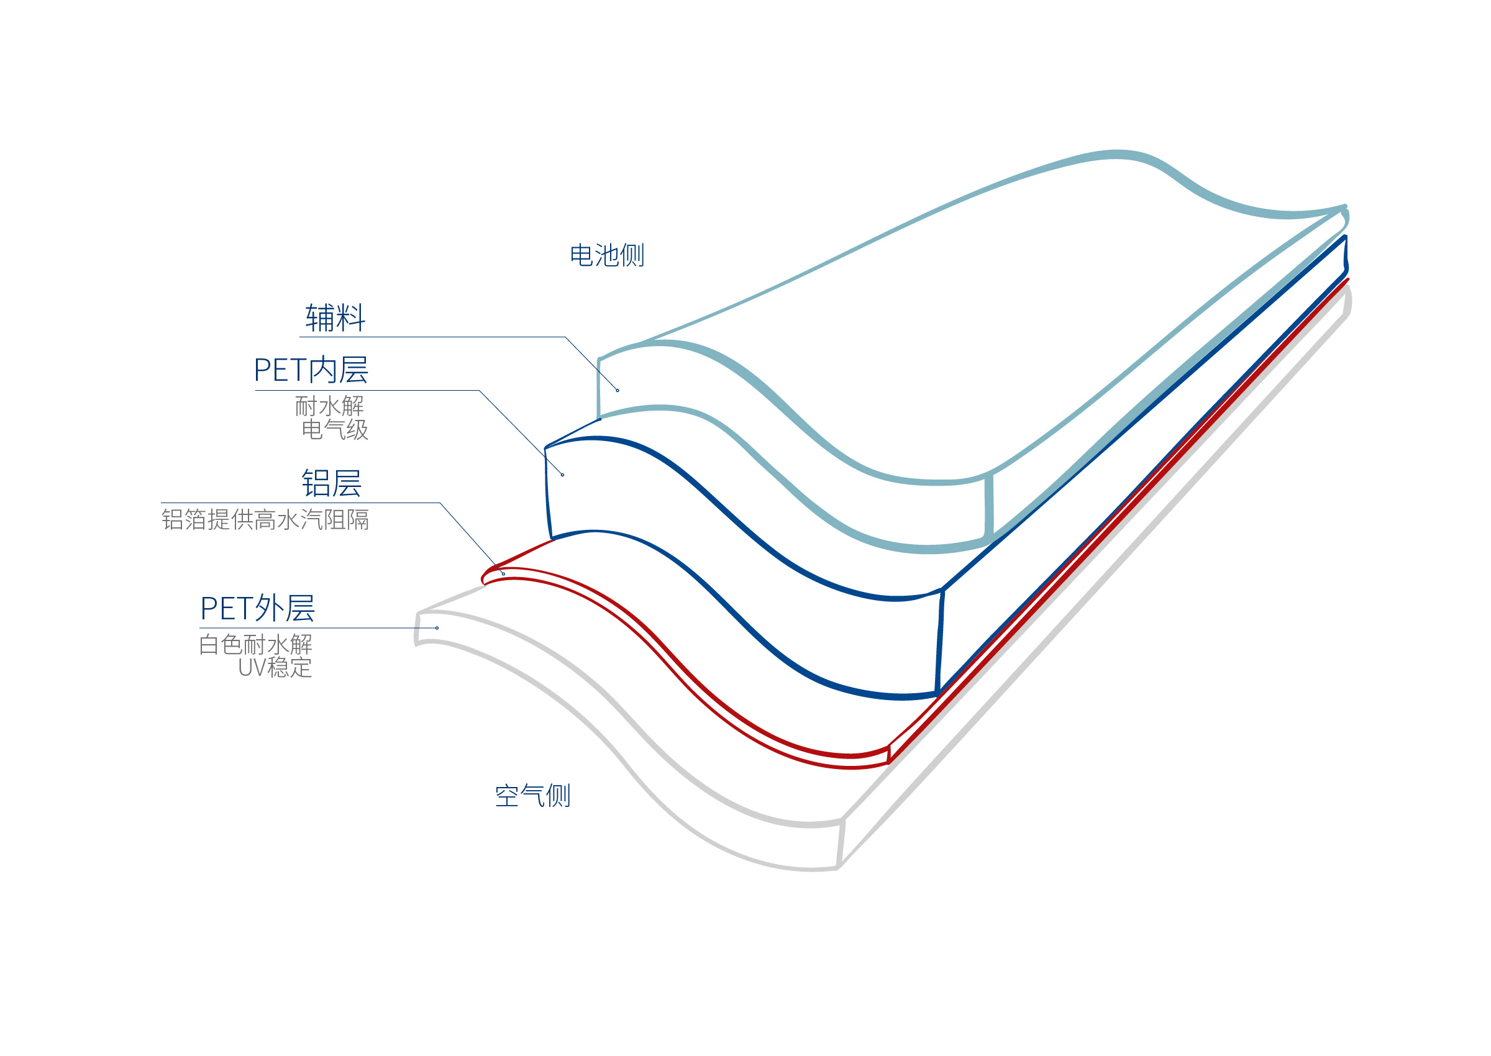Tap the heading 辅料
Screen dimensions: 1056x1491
pos(335,318)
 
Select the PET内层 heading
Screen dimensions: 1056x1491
pos(311,370)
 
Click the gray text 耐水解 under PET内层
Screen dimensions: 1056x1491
pos(329,406)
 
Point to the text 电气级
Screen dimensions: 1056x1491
pos(335,429)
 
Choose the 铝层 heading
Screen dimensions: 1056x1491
pos(331,483)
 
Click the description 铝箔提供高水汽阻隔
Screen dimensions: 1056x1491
pos(265,519)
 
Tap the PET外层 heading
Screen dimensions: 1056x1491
pos(257,609)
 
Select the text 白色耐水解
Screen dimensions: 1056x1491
pos(255,644)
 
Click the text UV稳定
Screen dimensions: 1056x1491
pos(275,668)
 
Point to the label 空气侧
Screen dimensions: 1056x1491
pos(532,795)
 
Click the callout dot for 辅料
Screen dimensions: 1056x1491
pos(617,390)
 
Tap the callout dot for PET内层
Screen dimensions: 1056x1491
pos(562,475)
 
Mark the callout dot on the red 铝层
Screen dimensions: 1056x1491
pos(503,573)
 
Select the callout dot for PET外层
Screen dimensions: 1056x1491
pos(437,627)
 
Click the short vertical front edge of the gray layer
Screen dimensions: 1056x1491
pos(841,844)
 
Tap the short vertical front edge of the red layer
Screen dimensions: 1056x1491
pos(889,754)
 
